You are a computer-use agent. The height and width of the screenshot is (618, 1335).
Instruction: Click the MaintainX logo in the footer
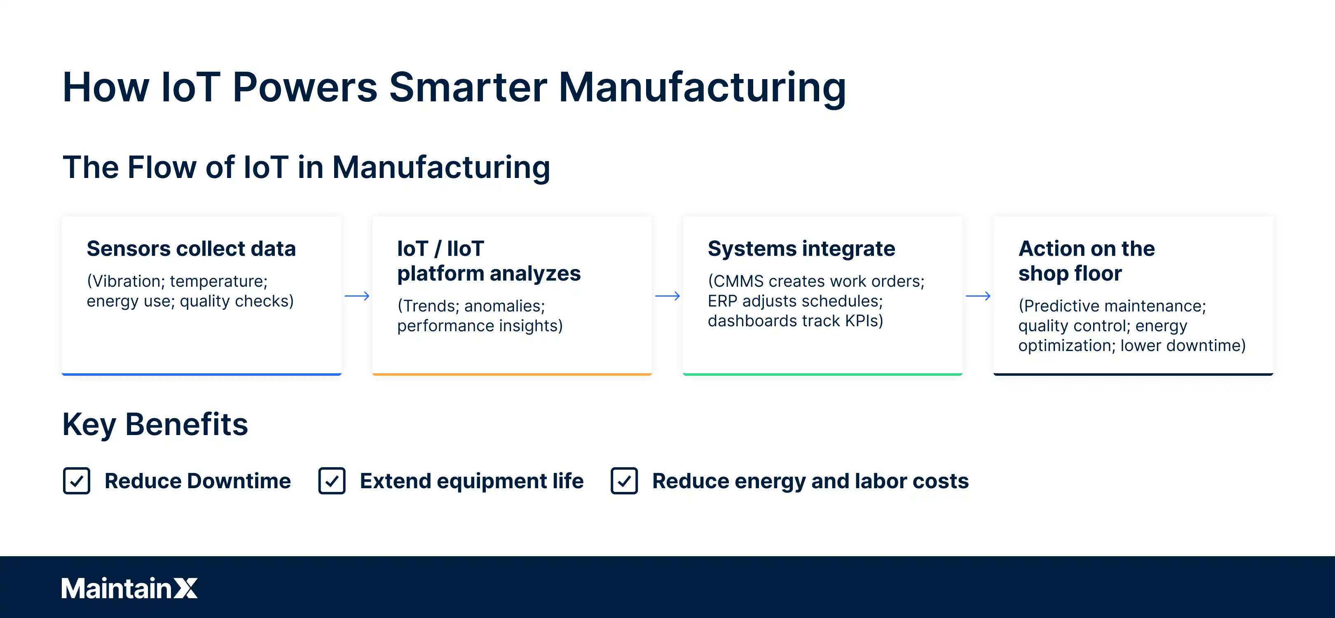tap(129, 588)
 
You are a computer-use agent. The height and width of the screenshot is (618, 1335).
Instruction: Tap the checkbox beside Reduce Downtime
tap(77, 481)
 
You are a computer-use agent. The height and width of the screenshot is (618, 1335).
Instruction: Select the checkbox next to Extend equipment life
tap(332, 481)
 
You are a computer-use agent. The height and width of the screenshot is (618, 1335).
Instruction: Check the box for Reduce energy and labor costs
tap(624, 481)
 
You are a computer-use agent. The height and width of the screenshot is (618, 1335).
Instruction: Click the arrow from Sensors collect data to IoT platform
tap(357, 296)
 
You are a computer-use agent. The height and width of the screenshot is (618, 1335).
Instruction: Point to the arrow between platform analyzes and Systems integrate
tap(667, 296)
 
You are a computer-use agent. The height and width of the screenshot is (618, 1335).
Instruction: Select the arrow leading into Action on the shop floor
tap(978, 296)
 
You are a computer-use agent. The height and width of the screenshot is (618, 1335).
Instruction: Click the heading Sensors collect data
tap(191, 249)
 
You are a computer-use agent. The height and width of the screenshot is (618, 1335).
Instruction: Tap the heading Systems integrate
tap(801, 249)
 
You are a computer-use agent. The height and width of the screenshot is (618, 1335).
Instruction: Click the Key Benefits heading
tap(155, 424)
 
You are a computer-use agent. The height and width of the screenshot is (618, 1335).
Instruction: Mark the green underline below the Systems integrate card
tap(822, 374)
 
